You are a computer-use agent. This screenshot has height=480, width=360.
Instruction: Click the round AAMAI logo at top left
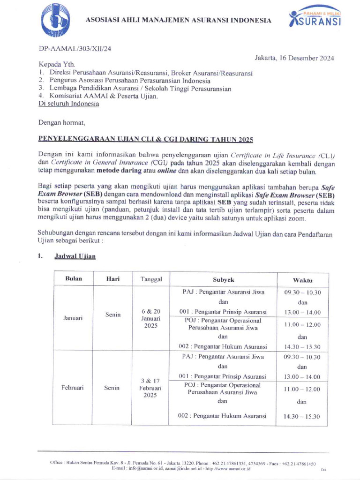point(56,21)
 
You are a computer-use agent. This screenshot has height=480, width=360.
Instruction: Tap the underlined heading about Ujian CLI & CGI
point(145,140)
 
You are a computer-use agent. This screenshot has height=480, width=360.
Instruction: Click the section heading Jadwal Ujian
point(75,257)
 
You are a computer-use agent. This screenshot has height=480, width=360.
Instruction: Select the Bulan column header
point(74,278)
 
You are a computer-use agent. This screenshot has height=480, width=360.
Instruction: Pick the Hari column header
point(113,278)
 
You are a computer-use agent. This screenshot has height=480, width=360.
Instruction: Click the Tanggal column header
point(151,279)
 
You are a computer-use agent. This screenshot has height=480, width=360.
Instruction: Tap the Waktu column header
point(302,279)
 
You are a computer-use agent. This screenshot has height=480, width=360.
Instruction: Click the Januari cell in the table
point(73,317)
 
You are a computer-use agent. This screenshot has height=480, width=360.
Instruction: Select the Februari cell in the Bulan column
point(73,388)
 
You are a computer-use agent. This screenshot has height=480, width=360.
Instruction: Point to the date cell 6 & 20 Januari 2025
point(150,318)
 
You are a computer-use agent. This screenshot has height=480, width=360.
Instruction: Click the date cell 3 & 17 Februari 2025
point(150,388)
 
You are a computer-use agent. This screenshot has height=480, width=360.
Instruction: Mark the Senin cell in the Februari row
point(112,388)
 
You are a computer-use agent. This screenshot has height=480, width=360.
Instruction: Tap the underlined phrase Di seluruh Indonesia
point(68,104)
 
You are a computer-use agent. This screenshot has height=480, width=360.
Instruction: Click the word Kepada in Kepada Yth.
point(49,65)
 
